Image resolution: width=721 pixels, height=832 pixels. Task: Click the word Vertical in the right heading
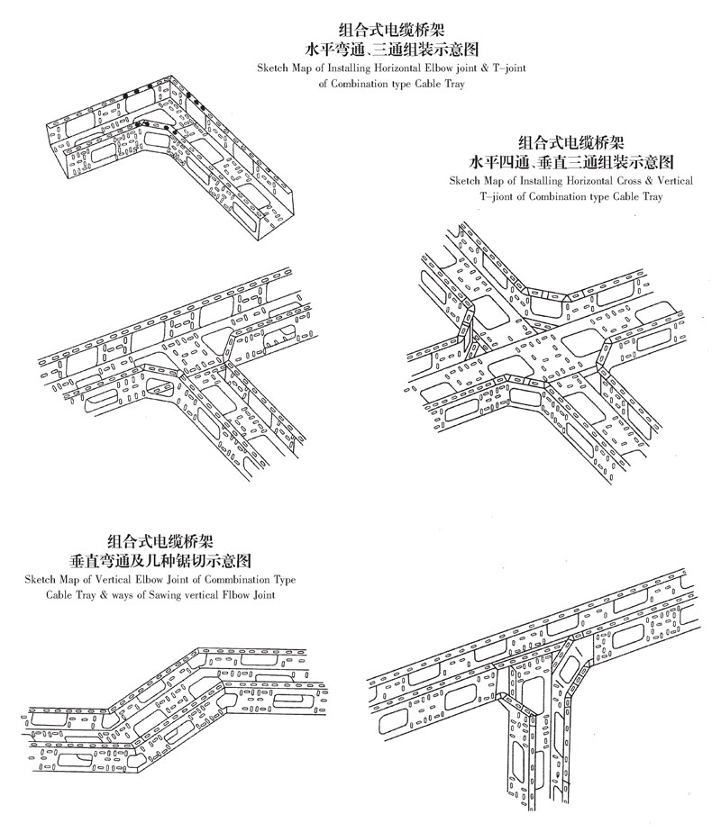point(671,181)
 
